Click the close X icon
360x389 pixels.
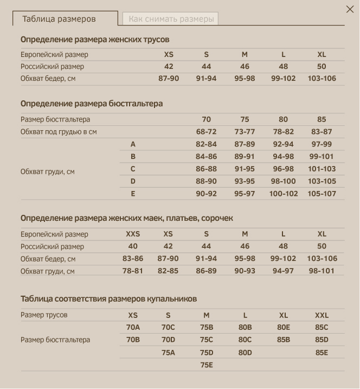(350, 9)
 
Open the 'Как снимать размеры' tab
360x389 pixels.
(171, 19)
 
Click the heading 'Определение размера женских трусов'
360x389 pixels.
(95, 40)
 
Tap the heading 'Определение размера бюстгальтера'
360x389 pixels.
(92, 104)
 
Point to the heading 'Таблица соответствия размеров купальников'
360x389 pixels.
(108, 299)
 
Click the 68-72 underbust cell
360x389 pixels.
(206, 132)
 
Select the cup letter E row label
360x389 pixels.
(133, 194)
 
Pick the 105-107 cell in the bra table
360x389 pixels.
(322, 194)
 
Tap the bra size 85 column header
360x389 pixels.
(322, 119)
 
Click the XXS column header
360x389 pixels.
(133, 234)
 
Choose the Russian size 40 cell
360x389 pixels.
(133, 246)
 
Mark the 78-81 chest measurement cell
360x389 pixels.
(133, 271)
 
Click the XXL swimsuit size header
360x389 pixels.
(322, 315)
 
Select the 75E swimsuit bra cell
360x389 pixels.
(207, 365)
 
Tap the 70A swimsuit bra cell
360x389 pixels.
(133, 328)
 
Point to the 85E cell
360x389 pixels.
(322, 353)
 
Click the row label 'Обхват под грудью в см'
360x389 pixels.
(59, 132)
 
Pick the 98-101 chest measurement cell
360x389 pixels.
(322, 271)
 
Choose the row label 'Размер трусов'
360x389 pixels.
(44, 315)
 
